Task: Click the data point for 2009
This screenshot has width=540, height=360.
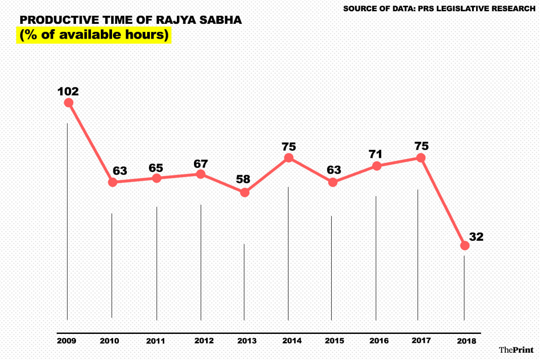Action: click(68, 103)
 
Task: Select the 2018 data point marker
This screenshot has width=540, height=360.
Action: click(465, 246)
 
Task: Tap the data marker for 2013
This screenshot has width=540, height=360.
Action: click(244, 193)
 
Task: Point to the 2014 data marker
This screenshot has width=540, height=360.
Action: click(288, 158)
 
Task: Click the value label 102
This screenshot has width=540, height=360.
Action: click(68, 91)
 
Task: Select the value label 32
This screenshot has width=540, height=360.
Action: click(476, 237)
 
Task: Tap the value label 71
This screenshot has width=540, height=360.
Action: click(375, 154)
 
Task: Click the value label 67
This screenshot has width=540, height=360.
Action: click(201, 163)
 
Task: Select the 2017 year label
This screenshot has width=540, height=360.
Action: click(421, 340)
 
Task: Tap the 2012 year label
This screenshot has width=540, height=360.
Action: click(204, 341)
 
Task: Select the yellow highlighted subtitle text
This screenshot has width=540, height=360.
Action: click(94, 35)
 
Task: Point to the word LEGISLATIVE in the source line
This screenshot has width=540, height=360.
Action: click(456, 8)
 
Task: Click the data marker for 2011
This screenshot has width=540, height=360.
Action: click(157, 178)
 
